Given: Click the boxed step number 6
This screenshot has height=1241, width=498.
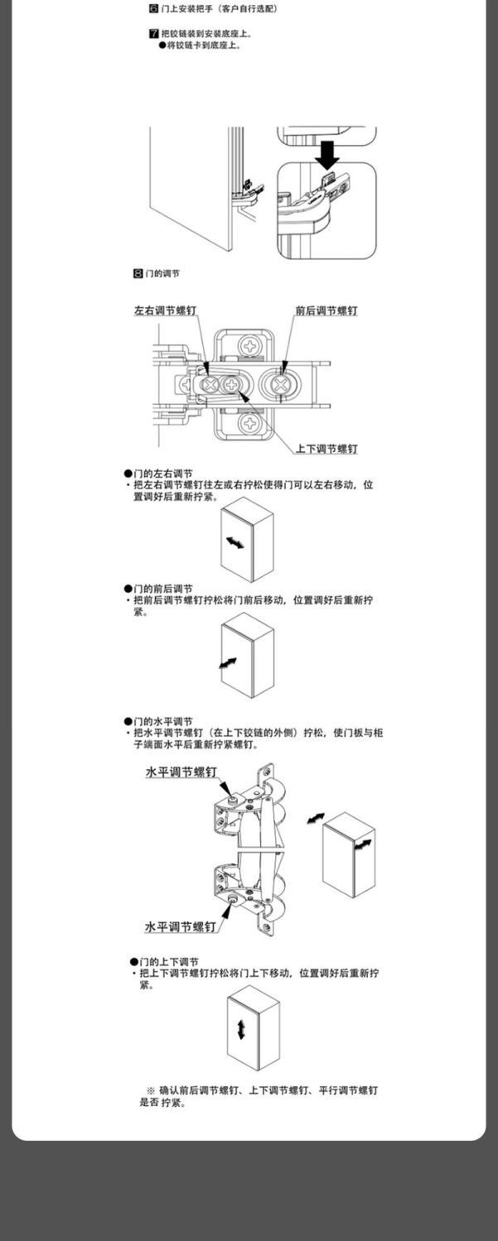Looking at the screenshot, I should [x=153, y=8].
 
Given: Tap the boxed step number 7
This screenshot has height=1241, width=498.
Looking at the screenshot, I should [x=153, y=34].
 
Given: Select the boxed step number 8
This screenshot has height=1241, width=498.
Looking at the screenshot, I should [x=138, y=273].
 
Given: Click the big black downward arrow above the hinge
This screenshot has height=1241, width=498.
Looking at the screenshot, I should [x=329, y=154].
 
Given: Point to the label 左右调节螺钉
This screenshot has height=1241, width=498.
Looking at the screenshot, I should [x=166, y=311].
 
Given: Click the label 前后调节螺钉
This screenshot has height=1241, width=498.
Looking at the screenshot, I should [x=326, y=311].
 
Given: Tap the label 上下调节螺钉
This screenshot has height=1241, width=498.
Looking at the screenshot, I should [x=326, y=449].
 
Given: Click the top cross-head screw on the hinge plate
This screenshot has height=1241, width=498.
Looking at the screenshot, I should [x=249, y=344].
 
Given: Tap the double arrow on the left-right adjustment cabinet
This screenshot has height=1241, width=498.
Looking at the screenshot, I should [x=235, y=543].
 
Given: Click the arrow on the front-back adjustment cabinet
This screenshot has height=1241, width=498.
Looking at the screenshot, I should [x=229, y=664].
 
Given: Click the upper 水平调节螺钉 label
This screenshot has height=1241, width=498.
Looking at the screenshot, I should [x=181, y=772].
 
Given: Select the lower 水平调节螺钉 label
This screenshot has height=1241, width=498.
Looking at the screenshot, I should [x=181, y=927].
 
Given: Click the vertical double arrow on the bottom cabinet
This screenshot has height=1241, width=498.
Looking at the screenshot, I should [x=241, y=1030].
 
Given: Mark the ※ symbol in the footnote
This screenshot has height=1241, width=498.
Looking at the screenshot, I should [x=151, y=1090].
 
